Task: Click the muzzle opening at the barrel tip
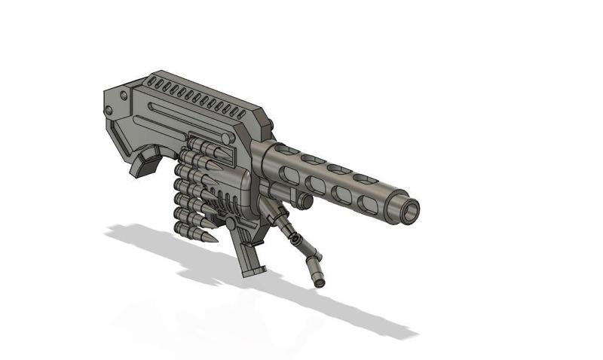pyautogui.click(x=410, y=210)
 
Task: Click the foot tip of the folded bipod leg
pyautogui.click(x=320, y=282)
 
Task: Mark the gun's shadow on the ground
pyautogui.click(x=226, y=271)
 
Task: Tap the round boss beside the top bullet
pyautogui.click(x=226, y=138)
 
